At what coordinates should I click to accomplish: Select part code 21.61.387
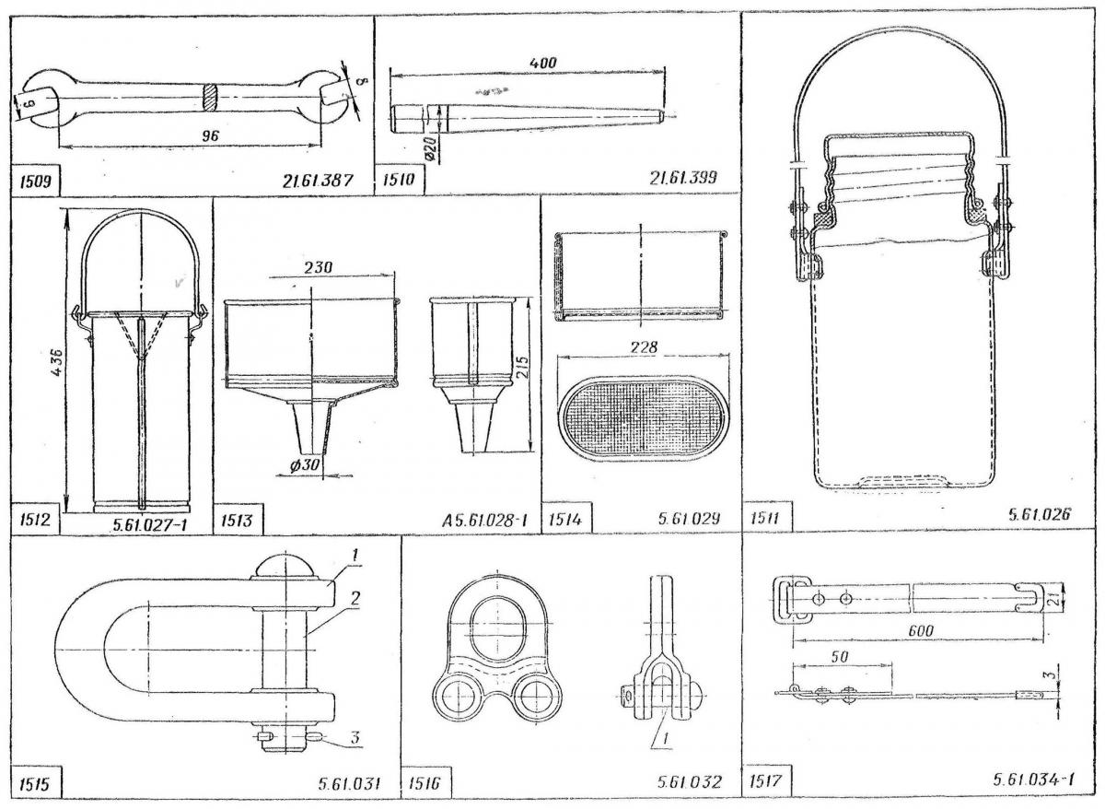318,181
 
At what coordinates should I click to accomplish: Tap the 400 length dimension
543,62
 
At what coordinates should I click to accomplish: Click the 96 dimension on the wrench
214,135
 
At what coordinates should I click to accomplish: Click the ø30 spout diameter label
304,465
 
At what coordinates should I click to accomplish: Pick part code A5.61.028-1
483,520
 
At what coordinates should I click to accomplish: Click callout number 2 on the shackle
354,597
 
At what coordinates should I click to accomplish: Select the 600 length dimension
917,629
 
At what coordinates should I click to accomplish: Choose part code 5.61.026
1040,516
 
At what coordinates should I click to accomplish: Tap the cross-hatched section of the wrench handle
211,95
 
